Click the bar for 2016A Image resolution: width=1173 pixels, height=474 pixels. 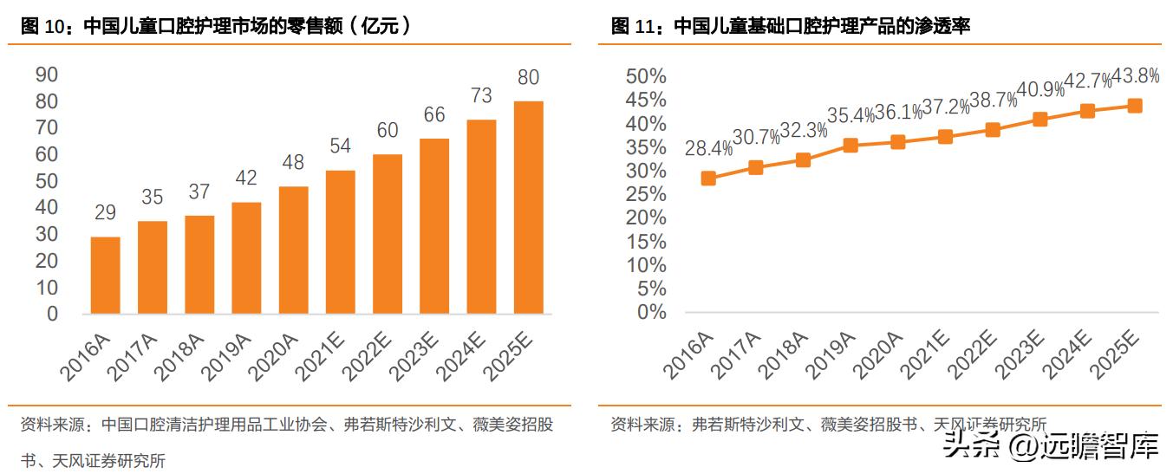(x=106, y=275)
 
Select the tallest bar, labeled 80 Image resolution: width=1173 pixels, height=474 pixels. (x=529, y=207)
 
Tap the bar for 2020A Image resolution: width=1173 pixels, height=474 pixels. (x=294, y=250)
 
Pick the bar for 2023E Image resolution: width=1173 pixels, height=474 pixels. (x=435, y=226)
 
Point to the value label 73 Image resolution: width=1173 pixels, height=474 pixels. (x=481, y=95)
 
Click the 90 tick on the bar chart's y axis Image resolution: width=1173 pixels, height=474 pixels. (x=47, y=75)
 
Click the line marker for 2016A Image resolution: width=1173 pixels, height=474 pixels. (x=708, y=179)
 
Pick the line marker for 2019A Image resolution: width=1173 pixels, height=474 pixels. (x=850, y=146)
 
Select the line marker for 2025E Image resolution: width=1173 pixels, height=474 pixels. (x=1134, y=106)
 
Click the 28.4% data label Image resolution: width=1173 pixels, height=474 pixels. (x=708, y=149)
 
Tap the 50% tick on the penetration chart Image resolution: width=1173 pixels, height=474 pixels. (x=646, y=77)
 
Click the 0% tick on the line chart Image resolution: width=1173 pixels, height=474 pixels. (x=651, y=312)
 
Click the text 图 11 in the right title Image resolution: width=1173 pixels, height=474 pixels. (x=631, y=26)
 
